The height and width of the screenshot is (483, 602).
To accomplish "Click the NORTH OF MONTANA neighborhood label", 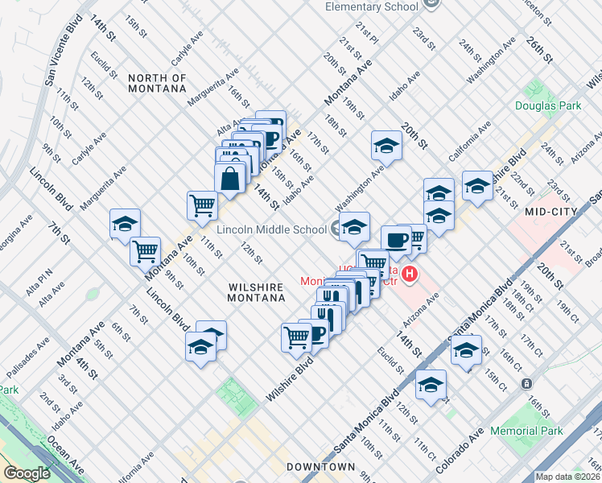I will pyautogui.click(x=157, y=83).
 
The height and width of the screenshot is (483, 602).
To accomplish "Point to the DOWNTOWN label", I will pyautogui.click(x=320, y=467).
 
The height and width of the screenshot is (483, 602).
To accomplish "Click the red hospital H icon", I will pyautogui.click(x=410, y=275).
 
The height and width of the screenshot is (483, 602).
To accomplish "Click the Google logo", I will pyautogui.click(x=27, y=473).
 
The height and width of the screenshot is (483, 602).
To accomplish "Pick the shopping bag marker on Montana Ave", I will pyautogui.click(x=230, y=178).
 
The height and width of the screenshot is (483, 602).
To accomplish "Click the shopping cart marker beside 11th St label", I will pyautogui.click(x=201, y=204).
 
